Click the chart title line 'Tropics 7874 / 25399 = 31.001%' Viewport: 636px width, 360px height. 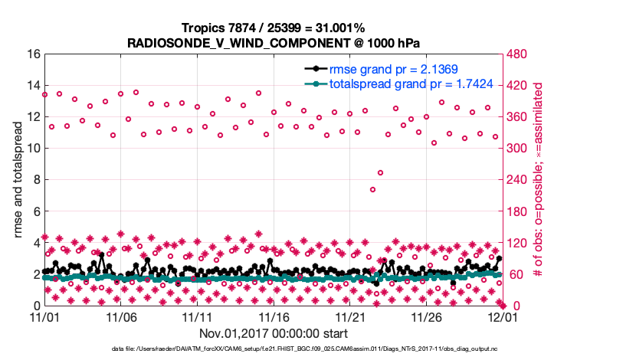(x=273, y=28)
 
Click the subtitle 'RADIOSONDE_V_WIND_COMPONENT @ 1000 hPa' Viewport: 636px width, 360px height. (x=273, y=43)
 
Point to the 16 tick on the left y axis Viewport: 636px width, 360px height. (x=33, y=54)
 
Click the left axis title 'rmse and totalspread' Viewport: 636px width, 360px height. (x=18, y=180)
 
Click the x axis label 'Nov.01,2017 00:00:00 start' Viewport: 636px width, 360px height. (x=273, y=333)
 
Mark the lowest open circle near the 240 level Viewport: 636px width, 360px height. (x=372, y=189)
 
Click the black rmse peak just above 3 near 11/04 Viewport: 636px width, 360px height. (x=102, y=255)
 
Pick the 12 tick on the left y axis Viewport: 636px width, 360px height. (x=33, y=117)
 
